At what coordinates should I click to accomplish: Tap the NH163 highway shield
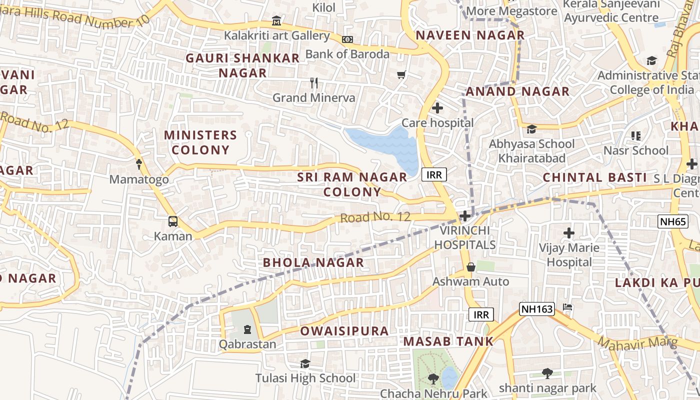[537, 309]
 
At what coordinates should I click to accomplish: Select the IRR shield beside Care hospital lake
[434, 174]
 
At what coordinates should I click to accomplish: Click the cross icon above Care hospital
[437, 107]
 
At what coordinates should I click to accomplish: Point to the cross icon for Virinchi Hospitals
[465, 216]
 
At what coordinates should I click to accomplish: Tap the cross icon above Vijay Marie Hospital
[569, 232]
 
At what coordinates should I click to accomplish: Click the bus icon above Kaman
[172, 221]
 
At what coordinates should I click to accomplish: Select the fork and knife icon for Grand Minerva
[314, 82]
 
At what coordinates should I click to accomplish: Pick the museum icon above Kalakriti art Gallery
[276, 21]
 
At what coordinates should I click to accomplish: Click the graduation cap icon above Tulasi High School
[305, 363]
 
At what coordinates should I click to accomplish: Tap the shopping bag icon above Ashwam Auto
[470, 267]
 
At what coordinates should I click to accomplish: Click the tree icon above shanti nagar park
[547, 373]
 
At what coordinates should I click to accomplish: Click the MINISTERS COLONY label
[200, 142]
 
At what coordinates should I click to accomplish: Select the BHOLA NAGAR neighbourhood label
[313, 262]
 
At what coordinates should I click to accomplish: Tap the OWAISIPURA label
[344, 331]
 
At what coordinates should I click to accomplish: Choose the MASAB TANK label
[448, 341]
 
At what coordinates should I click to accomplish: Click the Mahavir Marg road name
[637, 343]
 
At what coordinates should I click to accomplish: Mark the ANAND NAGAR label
[517, 91]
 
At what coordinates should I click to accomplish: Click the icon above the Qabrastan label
[247, 329]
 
